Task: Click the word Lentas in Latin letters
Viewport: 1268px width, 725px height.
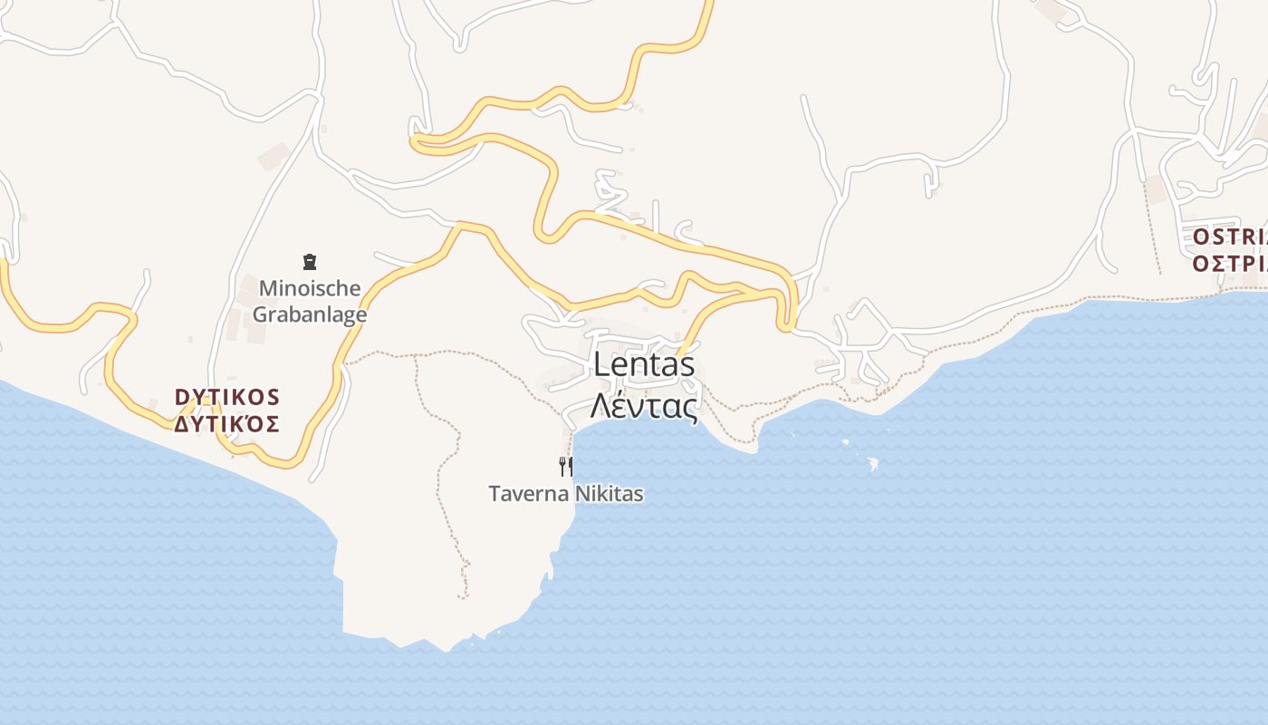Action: (x=644, y=364)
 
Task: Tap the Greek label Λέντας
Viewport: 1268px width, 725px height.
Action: (x=644, y=405)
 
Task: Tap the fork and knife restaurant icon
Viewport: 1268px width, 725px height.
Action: (x=566, y=467)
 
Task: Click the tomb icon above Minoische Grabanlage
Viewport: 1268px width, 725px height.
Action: (x=310, y=263)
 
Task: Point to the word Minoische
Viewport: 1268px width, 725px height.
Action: (x=310, y=288)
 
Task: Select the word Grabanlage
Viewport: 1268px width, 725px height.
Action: (x=310, y=314)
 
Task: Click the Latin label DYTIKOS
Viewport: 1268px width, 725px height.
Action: (x=227, y=397)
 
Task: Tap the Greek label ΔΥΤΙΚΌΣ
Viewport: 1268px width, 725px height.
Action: (x=227, y=423)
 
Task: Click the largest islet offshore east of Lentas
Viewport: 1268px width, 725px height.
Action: (x=873, y=464)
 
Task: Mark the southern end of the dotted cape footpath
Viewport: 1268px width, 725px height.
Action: (x=463, y=596)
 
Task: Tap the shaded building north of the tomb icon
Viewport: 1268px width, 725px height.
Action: (x=273, y=156)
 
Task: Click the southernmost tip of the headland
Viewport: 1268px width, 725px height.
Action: (x=447, y=650)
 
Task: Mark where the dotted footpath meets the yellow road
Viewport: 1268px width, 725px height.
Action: (x=345, y=363)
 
